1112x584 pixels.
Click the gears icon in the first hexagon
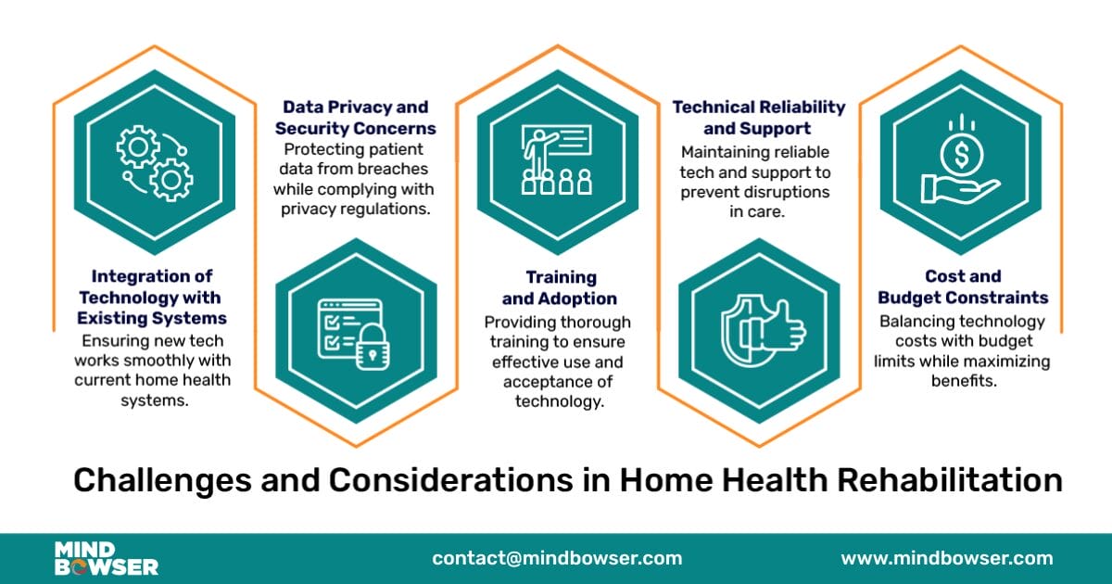pos(154,163)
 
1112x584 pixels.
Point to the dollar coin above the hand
pos(959,149)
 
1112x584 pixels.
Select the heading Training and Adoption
pos(559,287)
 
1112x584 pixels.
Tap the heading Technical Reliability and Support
pos(758,118)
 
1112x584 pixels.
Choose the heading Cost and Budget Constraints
pos(962,287)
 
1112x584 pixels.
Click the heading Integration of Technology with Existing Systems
pos(151,298)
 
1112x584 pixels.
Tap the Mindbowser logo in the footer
pos(106,558)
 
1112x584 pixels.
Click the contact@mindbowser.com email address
pos(557,558)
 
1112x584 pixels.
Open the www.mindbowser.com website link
pos(946,558)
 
